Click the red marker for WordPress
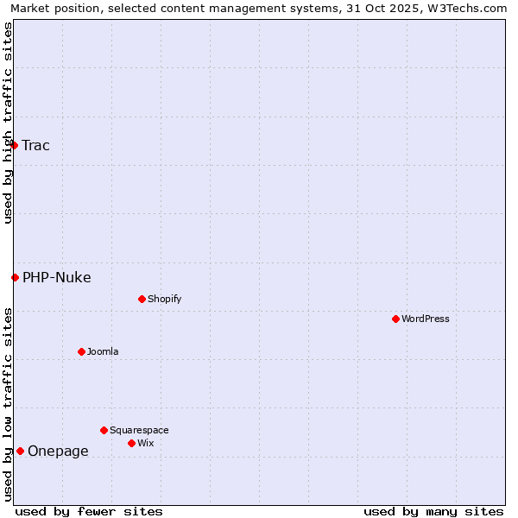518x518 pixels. [396, 319]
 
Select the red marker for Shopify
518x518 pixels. [142, 299]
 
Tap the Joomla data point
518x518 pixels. [82, 351]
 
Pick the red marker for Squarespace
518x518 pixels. [104, 430]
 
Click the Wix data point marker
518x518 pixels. [132, 443]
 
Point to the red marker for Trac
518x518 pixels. [15, 145]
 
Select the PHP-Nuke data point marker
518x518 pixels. [16, 277]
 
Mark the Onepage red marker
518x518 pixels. [21, 451]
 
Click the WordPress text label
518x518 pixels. [426, 319]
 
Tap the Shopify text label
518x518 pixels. [165, 299]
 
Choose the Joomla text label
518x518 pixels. [103, 351]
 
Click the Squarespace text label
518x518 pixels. [139, 430]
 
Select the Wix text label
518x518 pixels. [146, 443]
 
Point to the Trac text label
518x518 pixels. [36, 145]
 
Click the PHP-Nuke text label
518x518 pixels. [57, 277]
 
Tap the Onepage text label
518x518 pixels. [58, 451]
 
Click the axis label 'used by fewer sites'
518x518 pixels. [89, 511]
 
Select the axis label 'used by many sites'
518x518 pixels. [433, 511]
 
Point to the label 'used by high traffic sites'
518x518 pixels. [8, 123]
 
